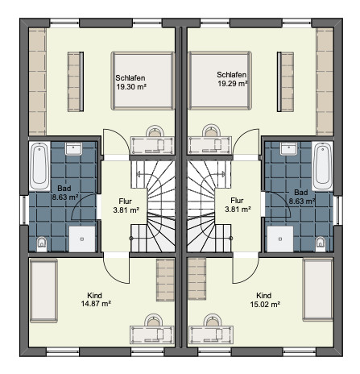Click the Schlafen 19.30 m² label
tap(130, 82)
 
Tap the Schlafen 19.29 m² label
tap(232, 79)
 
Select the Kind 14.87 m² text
tap(96, 300)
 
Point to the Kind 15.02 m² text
tap(265, 300)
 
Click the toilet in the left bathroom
tap(42, 244)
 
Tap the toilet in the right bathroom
tap(321, 244)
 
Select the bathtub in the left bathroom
tap(39, 166)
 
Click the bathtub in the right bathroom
tap(322, 166)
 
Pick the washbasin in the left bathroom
tap(73, 148)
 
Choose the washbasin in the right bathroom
tap(288, 148)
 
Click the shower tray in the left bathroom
tap(82, 239)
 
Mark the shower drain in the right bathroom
tap(280, 239)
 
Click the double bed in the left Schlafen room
tap(143, 81)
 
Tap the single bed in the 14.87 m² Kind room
tap(43, 290)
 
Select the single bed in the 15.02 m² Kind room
tap(318, 289)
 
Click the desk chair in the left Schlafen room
tap(155, 131)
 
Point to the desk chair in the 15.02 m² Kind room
tap(213, 320)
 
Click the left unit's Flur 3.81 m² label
tap(126, 206)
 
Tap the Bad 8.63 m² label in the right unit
tap(301, 197)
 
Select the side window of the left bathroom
tap(24, 210)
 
